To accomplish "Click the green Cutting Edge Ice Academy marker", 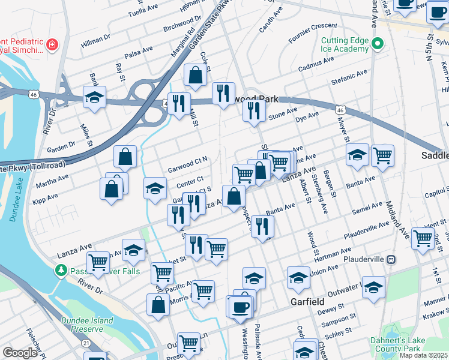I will [378, 43].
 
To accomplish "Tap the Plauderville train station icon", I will [391, 259].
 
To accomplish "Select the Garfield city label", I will [307, 301].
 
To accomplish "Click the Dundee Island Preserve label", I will [87, 325].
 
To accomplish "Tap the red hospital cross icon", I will [52, 44].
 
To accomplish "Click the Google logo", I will [19, 353].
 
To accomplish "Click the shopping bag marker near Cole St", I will [195, 76].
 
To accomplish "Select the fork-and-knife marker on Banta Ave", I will [262, 226].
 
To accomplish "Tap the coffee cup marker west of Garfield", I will [241, 307].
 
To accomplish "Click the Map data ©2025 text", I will [423, 355].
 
